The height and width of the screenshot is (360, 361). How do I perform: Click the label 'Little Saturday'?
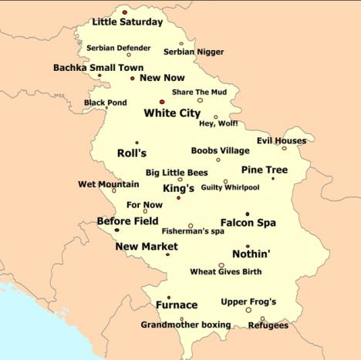pyautogui.click(x=127, y=22)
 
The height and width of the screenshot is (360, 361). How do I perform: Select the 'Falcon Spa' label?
pyautogui.click(x=248, y=223)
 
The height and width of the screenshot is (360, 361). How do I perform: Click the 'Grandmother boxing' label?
pyautogui.click(x=186, y=325)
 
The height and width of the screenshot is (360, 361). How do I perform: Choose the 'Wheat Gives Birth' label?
pyautogui.click(x=225, y=272)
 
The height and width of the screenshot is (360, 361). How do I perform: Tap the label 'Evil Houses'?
pyautogui.click(x=282, y=141)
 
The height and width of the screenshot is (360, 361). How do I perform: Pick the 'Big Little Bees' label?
pyautogui.click(x=176, y=173)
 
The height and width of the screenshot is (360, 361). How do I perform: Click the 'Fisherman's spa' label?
pyautogui.click(x=193, y=231)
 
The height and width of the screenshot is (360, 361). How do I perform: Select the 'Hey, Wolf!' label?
pyautogui.click(x=218, y=124)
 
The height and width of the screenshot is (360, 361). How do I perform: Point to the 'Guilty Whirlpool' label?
pyautogui.click(x=230, y=187)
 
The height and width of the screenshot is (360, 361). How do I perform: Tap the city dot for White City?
pyautogui.click(x=162, y=101)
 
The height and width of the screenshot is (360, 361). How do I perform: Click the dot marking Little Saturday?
pyautogui.click(x=124, y=12)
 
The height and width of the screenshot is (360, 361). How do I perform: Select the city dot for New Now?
pyautogui.click(x=132, y=78)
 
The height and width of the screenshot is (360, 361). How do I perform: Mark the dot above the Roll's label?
pyautogui.click(x=137, y=143)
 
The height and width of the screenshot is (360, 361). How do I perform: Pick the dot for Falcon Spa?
pyautogui.click(x=247, y=214)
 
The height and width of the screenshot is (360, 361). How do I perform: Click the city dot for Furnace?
pyautogui.click(x=168, y=297)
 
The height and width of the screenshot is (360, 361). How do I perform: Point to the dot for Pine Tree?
pyautogui.click(x=272, y=179)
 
